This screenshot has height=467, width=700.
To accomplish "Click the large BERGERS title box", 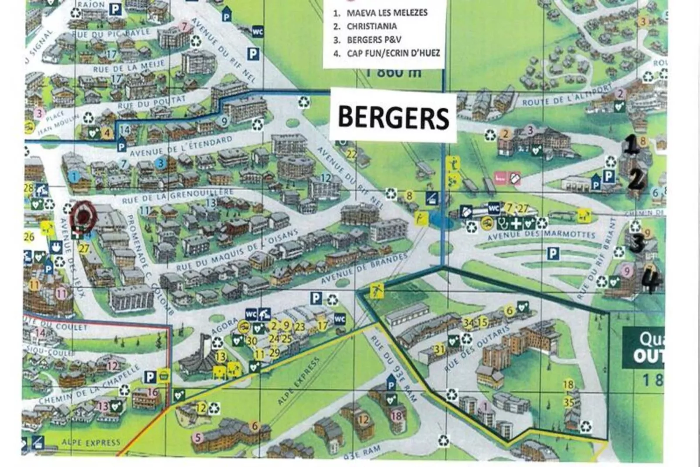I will point(393,117).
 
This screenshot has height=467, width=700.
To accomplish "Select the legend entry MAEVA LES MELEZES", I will point(387,13).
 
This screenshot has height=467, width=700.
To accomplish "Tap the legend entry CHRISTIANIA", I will point(371,26).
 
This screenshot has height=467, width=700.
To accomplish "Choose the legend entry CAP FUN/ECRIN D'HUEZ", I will point(393,53).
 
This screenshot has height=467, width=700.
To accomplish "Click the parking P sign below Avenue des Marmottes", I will point(553,253).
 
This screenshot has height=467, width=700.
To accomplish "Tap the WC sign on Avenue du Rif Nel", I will point(258,32).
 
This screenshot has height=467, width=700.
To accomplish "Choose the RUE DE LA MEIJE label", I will point(129,67).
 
